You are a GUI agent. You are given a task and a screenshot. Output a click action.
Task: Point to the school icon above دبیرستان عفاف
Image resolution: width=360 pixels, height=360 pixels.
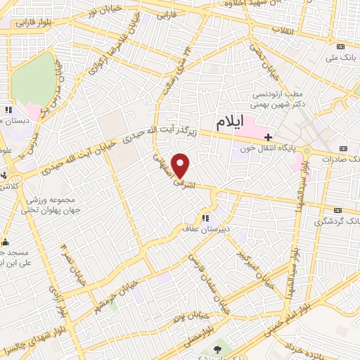[206, 217]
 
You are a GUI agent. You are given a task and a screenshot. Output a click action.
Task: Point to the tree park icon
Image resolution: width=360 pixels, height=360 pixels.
[216, 349]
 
